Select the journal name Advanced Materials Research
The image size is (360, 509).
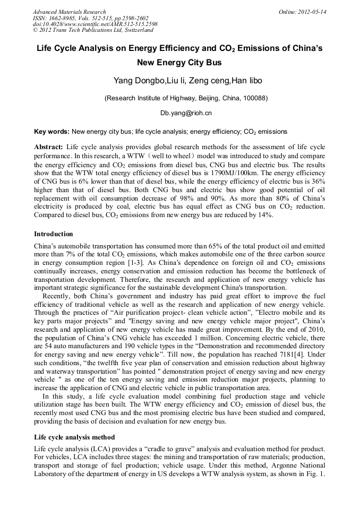click(69, 12)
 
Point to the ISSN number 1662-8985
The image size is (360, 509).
click(62, 18)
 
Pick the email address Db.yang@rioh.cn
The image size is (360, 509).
click(186, 113)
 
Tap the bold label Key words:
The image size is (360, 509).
click(52, 131)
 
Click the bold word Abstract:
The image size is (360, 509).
click(49, 146)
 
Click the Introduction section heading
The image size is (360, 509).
click(54, 234)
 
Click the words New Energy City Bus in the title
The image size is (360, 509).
click(179, 63)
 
